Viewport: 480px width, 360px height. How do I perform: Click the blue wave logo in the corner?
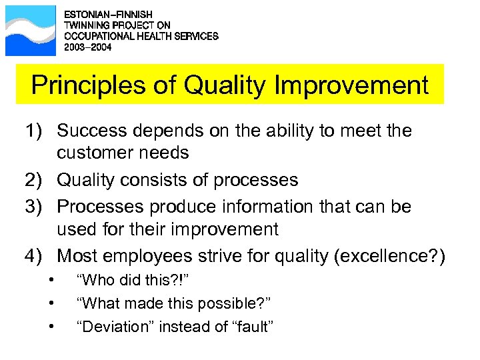tap(31, 30)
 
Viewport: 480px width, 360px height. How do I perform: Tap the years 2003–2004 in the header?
tap(87, 48)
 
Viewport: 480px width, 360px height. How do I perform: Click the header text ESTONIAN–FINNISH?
tap(107, 14)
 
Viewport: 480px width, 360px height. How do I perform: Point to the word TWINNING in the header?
tap(85, 25)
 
